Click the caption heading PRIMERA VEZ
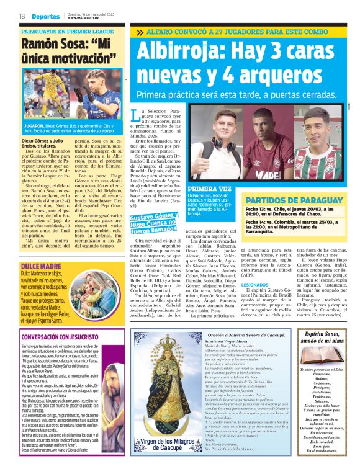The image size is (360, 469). pos(209,188)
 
